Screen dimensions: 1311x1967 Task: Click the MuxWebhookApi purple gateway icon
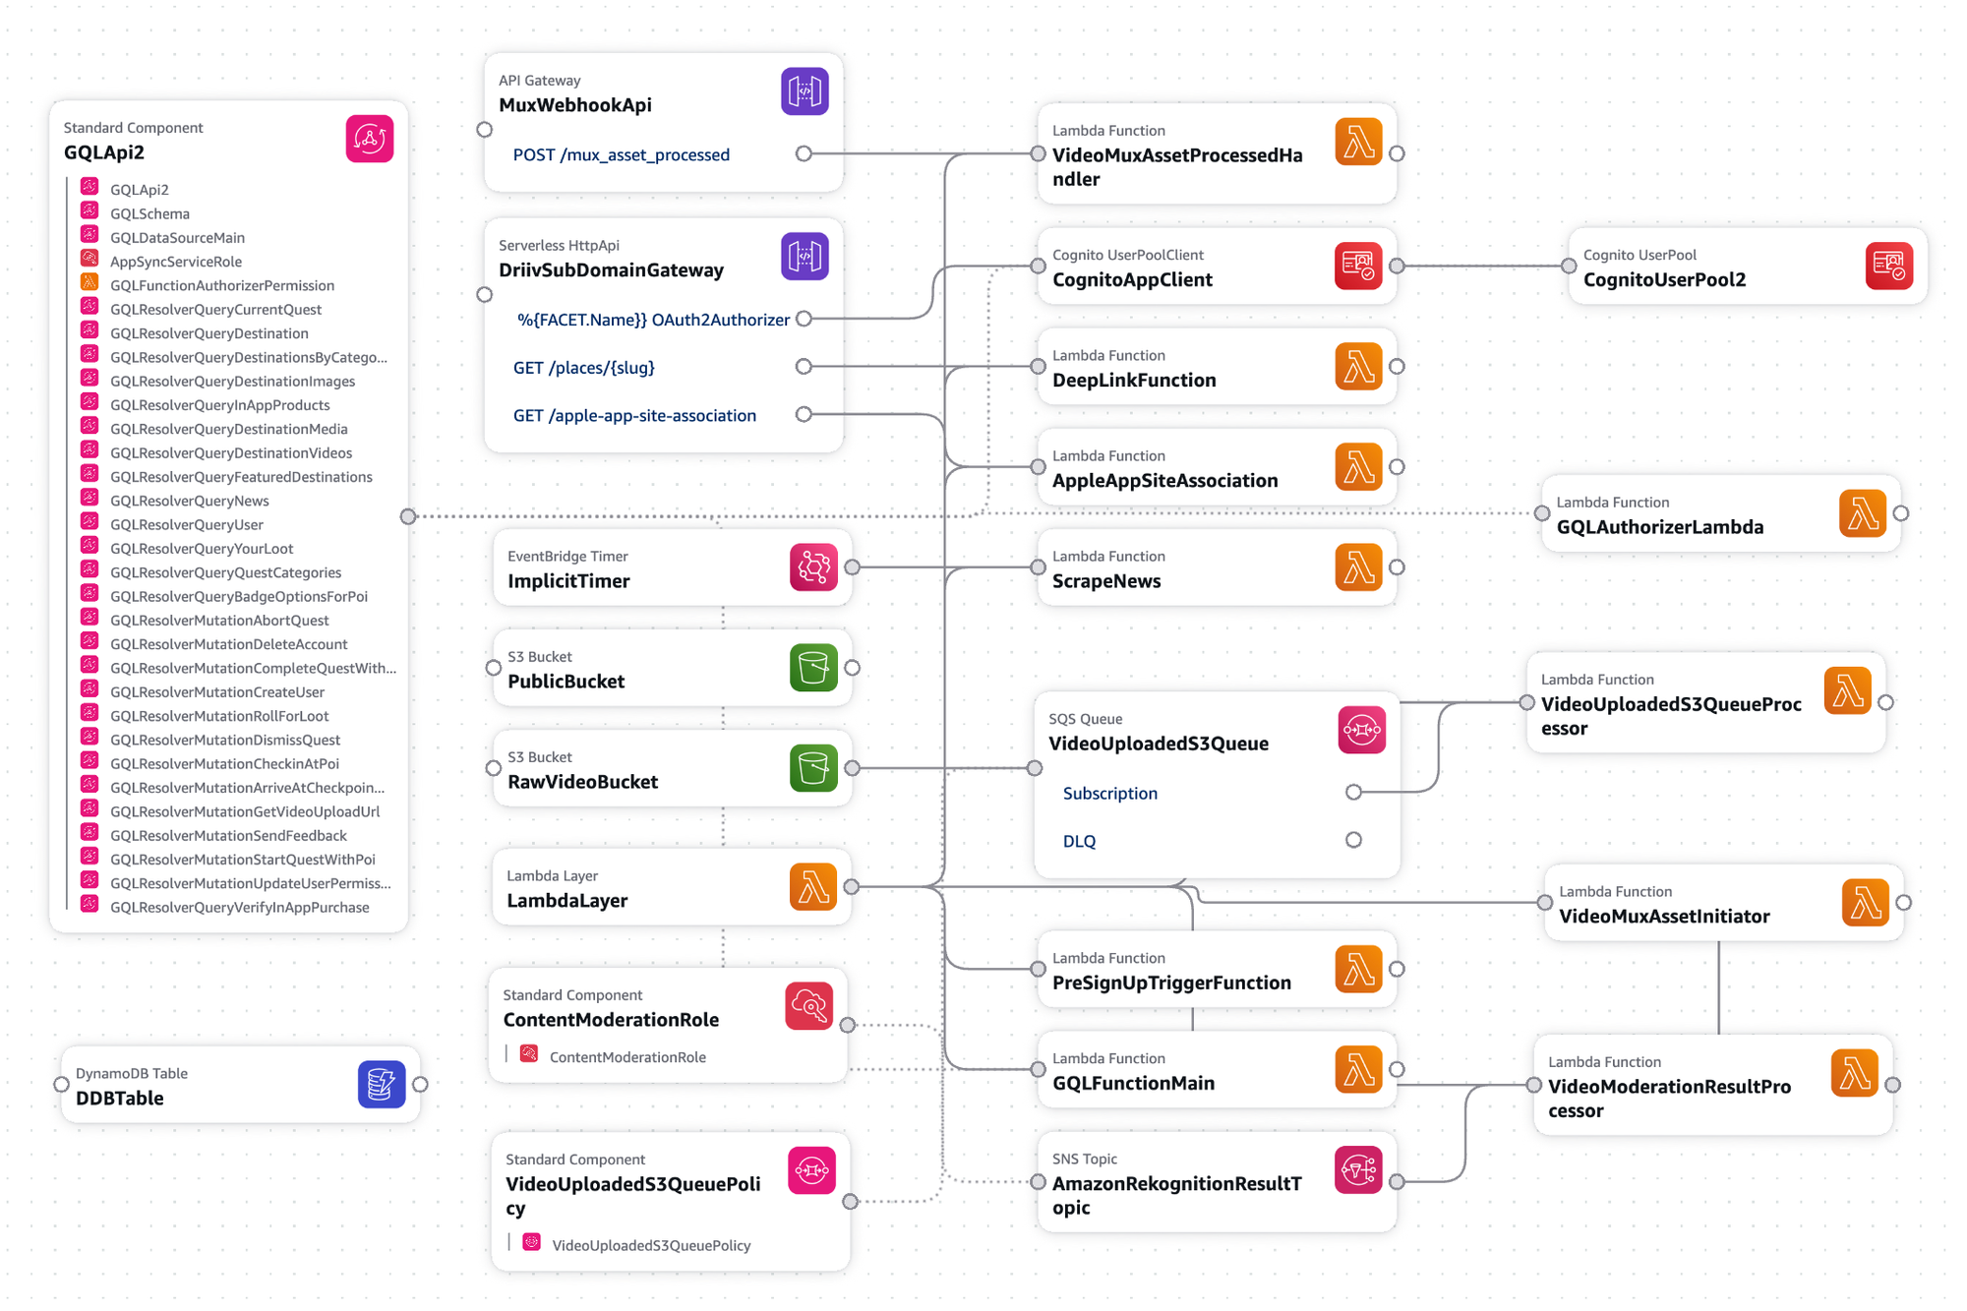tap(805, 91)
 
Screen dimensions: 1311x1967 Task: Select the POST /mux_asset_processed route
tap(621, 154)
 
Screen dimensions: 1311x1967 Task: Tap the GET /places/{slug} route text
tap(583, 367)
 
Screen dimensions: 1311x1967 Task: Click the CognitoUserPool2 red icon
tap(1888, 266)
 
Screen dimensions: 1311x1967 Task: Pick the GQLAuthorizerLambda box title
tap(1659, 527)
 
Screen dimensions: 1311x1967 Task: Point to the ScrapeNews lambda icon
tap(1358, 567)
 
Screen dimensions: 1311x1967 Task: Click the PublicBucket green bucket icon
tap(813, 668)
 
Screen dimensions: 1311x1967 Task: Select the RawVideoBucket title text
tap(582, 782)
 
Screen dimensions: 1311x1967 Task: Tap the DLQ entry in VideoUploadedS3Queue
tap(1079, 841)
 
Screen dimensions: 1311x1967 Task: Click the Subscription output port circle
tap(1353, 792)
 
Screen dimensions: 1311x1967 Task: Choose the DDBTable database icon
tap(382, 1084)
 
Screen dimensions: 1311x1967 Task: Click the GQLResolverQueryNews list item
tap(189, 501)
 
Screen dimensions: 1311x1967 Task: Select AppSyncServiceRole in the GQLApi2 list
tap(175, 262)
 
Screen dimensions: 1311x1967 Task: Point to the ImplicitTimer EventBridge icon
tap(813, 567)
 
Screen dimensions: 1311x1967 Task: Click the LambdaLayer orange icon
tap(813, 887)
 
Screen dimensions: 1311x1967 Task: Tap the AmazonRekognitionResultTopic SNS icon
tap(1358, 1170)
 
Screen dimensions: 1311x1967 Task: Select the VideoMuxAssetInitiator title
tap(1664, 917)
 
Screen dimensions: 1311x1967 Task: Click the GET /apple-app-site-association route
tap(634, 415)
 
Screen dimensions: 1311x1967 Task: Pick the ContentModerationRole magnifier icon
tap(809, 1006)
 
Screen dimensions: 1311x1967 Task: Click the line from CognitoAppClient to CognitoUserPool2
tap(1482, 266)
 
